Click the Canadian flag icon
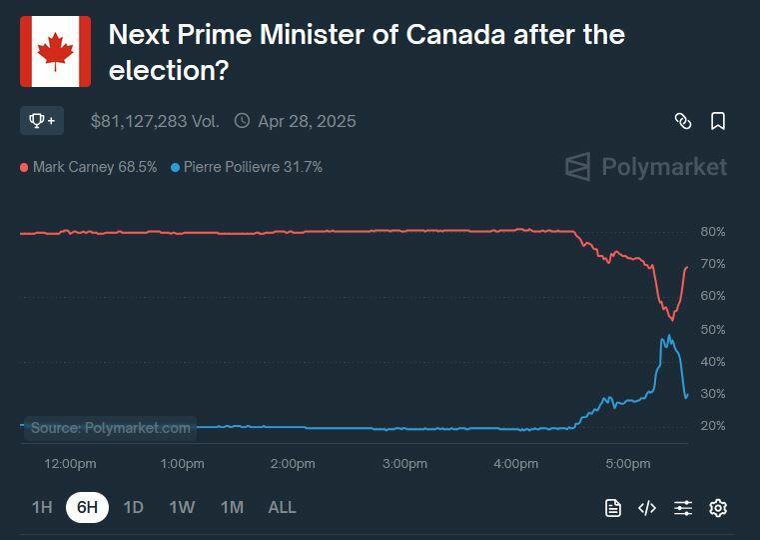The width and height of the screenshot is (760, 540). click(55, 51)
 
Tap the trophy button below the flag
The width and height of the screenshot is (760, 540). click(42, 121)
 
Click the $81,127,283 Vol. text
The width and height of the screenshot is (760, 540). click(155, 121)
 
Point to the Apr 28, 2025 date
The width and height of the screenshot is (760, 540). click(306, 121)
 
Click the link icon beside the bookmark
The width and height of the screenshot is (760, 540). click(683, 121)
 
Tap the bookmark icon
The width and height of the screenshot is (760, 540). click(717, 121)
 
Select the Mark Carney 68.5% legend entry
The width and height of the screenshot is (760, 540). click(89, 167)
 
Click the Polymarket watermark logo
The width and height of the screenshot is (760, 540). click(646, 167)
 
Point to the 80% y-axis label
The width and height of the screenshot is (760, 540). click(712, 232)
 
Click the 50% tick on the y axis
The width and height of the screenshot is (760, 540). click(712, 329)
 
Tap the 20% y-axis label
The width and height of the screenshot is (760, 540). click(712, 426)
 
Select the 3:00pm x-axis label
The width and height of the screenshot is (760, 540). click(404, 464)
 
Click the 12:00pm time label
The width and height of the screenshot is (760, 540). click(71, 464)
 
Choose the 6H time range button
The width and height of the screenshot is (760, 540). click(88, 507)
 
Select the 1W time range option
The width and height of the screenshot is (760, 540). click(182, 507)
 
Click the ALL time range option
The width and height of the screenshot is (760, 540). click(282, 507)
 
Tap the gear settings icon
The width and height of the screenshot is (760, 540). click(717, 508)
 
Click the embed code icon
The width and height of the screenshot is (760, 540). click(647, 508)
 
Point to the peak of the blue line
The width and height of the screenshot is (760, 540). click(668, 336)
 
